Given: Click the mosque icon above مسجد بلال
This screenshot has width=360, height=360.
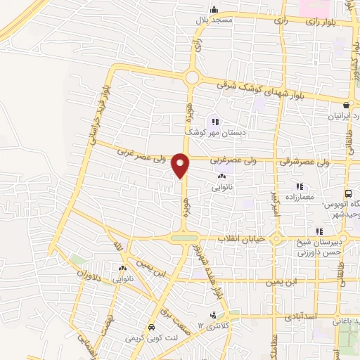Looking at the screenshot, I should (x=214, y=9).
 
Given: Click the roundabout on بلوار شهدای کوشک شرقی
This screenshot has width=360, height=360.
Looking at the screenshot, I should (x=191, y=77).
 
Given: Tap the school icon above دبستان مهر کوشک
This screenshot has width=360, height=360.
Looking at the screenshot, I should (x=215, y=121).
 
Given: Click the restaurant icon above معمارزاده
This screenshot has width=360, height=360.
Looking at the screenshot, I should (x=300, y=186).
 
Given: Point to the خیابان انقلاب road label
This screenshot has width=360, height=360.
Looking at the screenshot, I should (x=240, y=240).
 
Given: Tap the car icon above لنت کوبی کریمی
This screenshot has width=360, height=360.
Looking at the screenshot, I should (x=151, y=328).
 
